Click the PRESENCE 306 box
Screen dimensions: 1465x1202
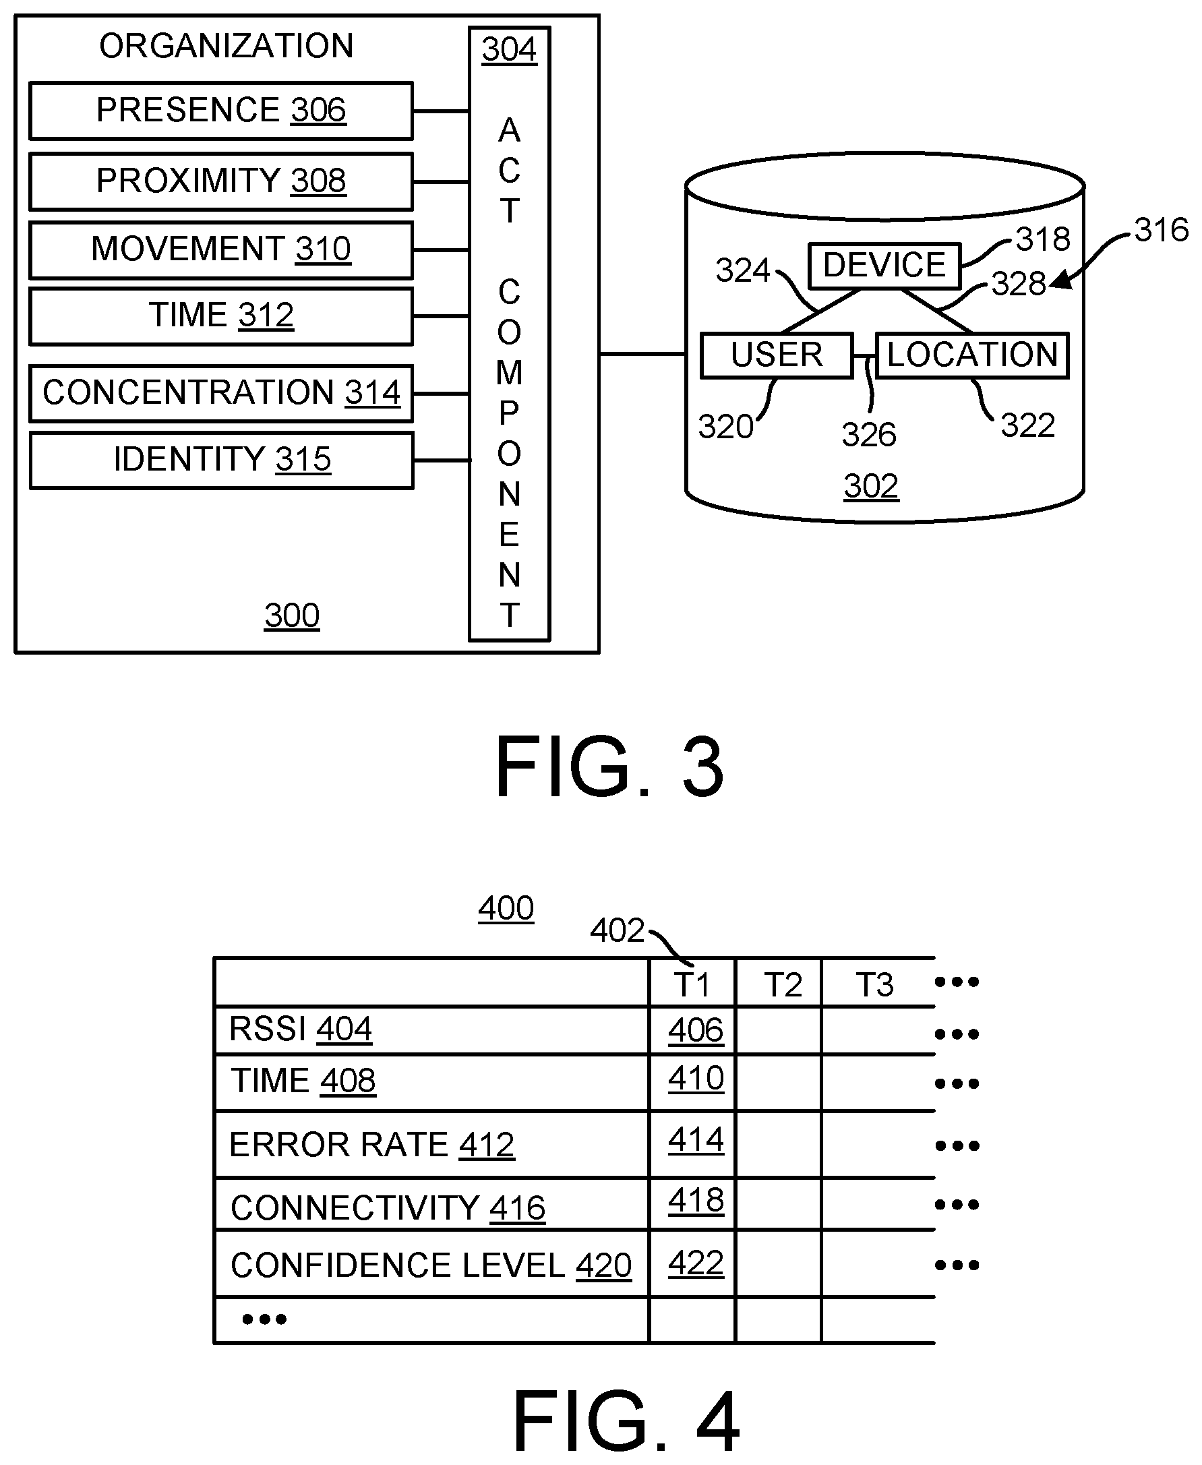(x=221, y=111)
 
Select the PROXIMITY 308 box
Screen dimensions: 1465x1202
(x=221, y=181)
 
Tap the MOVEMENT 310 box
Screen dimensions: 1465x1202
(x=221, y=249)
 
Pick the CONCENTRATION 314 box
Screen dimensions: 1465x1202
(x=221, y=393)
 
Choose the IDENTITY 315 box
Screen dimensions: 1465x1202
(x=222, y=460)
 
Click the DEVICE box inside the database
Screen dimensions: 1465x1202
(x=884, y=265)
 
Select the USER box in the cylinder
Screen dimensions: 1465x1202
(x=776, y=355)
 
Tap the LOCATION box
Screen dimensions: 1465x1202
(x=972, y=355)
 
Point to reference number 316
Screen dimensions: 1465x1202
(x=1161, y=231)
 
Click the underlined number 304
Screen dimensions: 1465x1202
(x=509, y=50)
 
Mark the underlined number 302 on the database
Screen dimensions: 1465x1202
(x=870, y=486)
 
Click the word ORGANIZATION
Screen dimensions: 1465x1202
(x=227, y=47)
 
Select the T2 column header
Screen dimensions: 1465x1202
(x=783, y=984)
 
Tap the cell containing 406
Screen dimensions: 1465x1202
(x=695, y=1030)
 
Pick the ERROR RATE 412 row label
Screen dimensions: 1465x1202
(x=372, y=1145)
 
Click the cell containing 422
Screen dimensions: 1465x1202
(x=695, y=1263)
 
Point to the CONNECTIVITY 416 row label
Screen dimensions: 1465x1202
(x=388, y=1208)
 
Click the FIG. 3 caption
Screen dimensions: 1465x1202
(x=609, y=767)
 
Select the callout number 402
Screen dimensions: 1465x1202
(x=616, y=930)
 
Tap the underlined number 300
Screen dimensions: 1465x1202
(x=291, y=616)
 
